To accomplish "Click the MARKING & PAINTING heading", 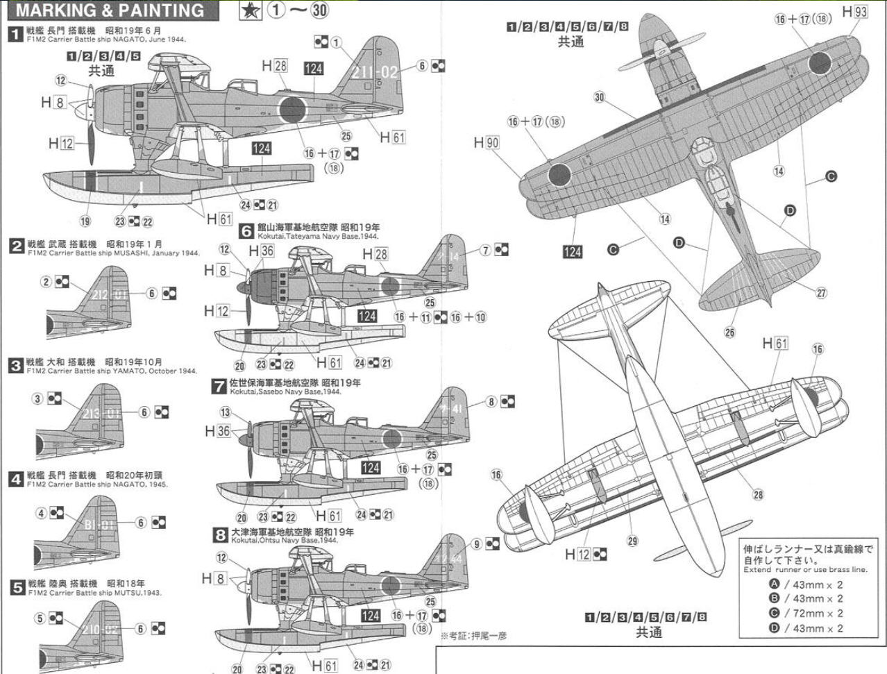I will click(110, 10).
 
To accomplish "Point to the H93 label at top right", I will click(855, 12).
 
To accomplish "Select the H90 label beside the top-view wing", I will click(487, 142).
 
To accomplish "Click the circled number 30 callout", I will click(600, 97).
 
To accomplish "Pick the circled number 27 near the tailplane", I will click(821, 293).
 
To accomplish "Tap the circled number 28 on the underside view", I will click(758, 494).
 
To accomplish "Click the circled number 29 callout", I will click(632, 541).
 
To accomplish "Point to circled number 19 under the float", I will click(85, 221).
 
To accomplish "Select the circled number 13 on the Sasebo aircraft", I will click(225, 412).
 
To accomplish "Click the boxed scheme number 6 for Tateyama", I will click(246, 231).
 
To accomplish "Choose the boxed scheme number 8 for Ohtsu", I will click(220, 534).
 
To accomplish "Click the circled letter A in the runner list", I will click(774, 584).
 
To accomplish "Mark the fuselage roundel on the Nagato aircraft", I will click(292, 110).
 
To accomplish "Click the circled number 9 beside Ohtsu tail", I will click(477, 544).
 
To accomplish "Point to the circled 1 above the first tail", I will click(337, 43).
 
